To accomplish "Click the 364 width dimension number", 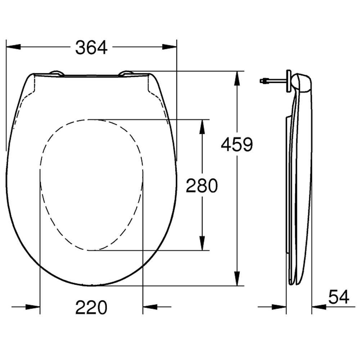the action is (x=91, y=48).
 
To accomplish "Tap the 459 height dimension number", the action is (x=237, y=144).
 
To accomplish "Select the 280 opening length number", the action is (x=202, y=185).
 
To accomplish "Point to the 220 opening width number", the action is (x=91, y=307).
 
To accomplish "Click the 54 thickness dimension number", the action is (x=339, y=297).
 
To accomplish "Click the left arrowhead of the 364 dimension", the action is (x=14, y=47).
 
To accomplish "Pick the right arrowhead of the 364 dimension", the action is (x=170, y=47).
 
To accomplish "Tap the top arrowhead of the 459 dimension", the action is (x=237, y=78).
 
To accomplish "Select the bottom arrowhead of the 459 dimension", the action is (x=237, y=279).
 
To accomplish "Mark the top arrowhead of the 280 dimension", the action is (x=202, y=127).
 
